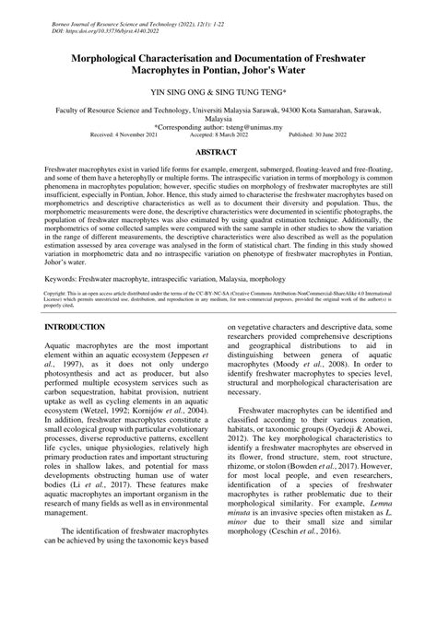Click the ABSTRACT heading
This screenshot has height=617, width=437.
(x=218, y=148)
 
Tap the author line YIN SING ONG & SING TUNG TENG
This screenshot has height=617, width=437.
(x=218, y=93)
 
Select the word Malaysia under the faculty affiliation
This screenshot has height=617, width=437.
(x=218, y=117)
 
